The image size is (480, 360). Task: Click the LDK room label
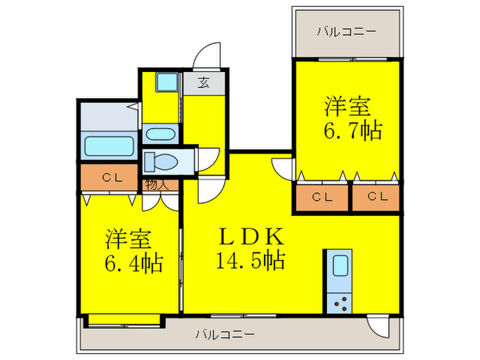(x=251, y=237)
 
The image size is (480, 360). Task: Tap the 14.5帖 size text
(x=251, y=261)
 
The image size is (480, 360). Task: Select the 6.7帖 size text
(x=353, y=131)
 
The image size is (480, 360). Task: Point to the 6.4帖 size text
(x=134, y=263)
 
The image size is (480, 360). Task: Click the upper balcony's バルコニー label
(x=346, y=32)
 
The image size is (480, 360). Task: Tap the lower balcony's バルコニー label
(x=225, y=334)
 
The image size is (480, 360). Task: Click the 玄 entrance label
(x=204, y=82)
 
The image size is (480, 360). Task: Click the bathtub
(x=109, y=146)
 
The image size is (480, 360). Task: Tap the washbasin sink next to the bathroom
(x=160, y=134)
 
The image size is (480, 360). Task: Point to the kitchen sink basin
(x=340, y=265)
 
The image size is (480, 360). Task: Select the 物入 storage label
(x=157, y=184)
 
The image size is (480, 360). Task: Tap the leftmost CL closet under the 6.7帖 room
(x=322, y=197)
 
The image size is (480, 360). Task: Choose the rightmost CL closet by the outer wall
(x=376, y=197)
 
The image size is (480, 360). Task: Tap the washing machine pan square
(x=167, y=82)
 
